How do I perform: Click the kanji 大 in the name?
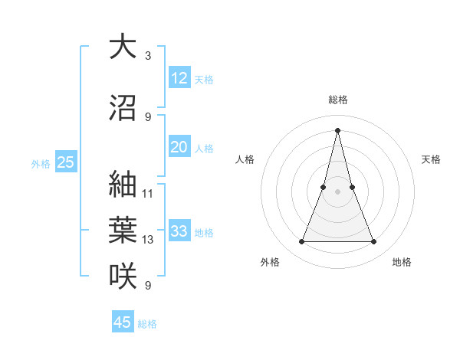[123, 47]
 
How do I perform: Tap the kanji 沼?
[123, 108]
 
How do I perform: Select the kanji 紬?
[123, 184]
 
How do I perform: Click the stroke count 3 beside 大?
[147, 56]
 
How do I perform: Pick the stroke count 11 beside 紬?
[148, 193]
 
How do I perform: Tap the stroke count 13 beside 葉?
[148, 240]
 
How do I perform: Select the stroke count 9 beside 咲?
[147, 286]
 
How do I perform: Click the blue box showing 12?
[179, 77]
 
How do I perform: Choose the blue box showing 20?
[179, 147]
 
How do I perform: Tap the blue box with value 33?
[179, 231]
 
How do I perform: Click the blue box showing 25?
[65, 162]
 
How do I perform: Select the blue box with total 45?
[123, 322]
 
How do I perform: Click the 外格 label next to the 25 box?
[41, 163]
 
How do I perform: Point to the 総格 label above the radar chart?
[337, 100]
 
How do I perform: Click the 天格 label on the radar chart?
[431, 159]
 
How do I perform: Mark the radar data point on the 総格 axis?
[337, 130]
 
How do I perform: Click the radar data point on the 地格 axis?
[374, 242]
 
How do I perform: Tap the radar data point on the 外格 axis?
[301, 242]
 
